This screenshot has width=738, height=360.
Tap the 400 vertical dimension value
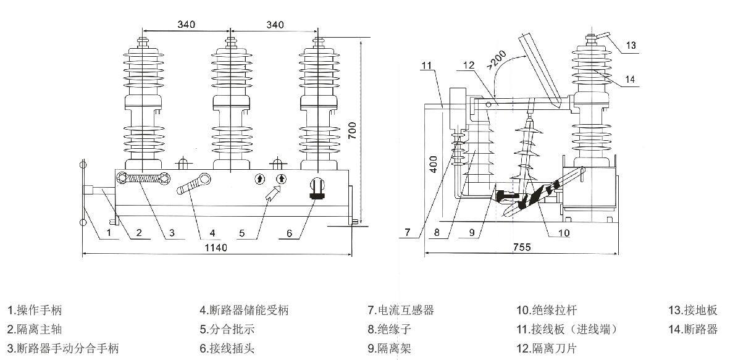tap(434, 164)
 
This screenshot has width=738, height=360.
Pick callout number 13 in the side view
tap(631, 46)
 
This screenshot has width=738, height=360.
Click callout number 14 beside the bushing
tap(630, 79)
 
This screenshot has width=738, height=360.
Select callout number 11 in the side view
tap(427, 65)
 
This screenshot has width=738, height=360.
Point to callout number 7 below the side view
tap(408, 232)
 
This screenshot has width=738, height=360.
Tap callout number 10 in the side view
tap(564, 233)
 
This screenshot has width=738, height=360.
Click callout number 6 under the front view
tap(289, 233)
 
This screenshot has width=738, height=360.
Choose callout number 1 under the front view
tap(108, 233)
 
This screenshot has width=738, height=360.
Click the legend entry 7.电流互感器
tap(401, 310)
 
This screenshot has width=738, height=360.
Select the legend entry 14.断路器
tap(693, 329)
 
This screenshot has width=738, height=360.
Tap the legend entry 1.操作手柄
tap(35, 310)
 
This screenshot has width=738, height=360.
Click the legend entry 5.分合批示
tap(227, 329)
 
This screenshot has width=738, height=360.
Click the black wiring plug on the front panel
tap(317, 189)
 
